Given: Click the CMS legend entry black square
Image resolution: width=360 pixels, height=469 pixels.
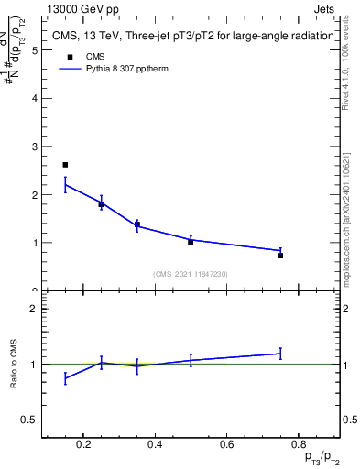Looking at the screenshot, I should point(66,56).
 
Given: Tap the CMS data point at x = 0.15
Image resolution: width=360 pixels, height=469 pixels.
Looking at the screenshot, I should point(65,165).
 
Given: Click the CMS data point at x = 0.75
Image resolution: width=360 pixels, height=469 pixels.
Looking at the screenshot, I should point(280,256).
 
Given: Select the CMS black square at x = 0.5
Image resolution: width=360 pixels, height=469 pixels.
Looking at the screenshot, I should point(191,242).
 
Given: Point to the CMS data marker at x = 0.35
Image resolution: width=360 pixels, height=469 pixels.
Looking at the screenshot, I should point(136,224).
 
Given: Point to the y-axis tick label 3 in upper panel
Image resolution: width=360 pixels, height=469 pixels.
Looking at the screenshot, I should point(34,147).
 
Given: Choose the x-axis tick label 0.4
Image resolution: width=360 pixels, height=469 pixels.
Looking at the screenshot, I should point(155,445).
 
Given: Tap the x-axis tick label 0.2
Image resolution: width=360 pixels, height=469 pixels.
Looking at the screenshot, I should point(83,445).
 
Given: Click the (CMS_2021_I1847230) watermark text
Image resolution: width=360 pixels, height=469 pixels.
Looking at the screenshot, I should point(191,274).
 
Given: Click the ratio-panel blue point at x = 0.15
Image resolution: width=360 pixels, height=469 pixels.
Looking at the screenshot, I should point(65,377).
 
